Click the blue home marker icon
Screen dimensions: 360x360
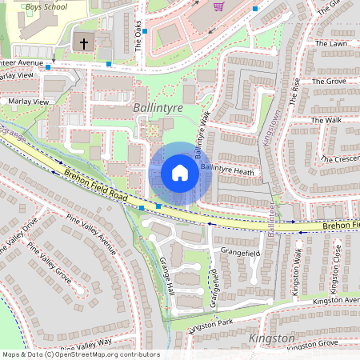coord(180,173)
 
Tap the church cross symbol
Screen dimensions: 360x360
coord(83,42)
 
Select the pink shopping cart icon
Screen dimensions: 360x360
coord(219,6)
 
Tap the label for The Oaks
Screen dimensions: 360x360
coord(138,35)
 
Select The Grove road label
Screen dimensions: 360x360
coord(328,82)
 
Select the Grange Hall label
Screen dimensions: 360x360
coord(166,275)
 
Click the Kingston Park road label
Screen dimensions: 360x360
coord(210,324)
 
